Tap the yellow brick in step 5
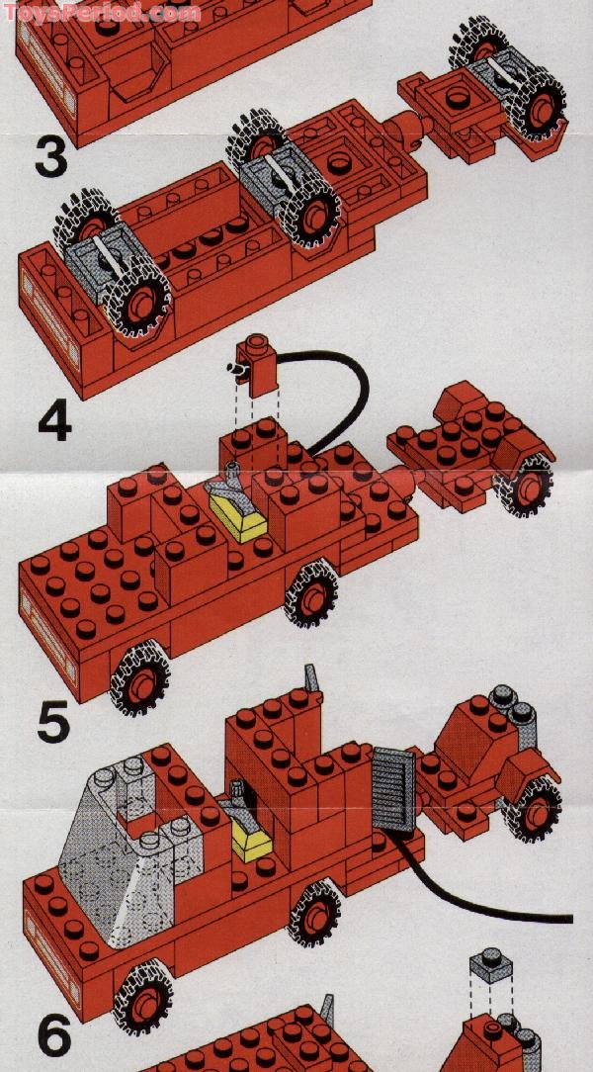click(x=250, y=842)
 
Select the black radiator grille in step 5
click(x=388, y=790)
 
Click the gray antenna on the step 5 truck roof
click(x=313, y=681)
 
